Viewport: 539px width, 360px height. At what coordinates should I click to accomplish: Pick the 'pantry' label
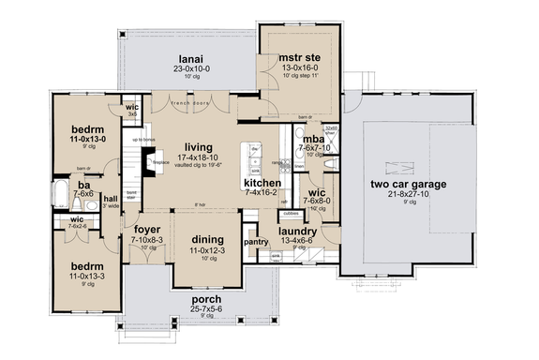(x=256, y=241)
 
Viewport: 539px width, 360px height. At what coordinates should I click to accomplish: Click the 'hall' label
(x=111, y=199)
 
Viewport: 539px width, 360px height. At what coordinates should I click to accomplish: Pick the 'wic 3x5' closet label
(x=132, y=110)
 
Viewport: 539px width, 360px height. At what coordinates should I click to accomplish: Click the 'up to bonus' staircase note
(x=143, y=140)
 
